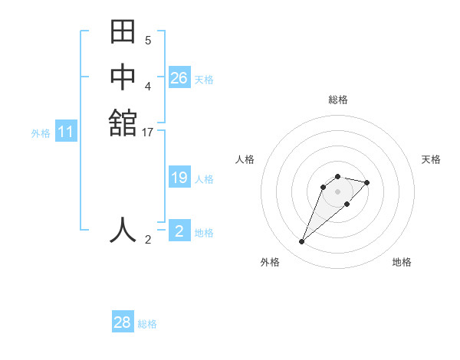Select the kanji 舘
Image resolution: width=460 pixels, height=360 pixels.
coord(123,123)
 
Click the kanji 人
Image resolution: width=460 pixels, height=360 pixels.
coord(123,230)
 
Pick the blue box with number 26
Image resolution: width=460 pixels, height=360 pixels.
coord(179,78)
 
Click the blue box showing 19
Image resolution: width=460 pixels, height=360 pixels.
coord(179,178)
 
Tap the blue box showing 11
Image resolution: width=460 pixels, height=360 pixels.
coord(66,133)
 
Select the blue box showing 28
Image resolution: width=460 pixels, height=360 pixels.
coord(123,322)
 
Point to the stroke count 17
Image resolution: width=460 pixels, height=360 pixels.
coord(148,133)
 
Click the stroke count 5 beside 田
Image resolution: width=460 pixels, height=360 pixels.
coord(148,40)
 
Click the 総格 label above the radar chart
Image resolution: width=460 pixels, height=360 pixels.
coord(337,100)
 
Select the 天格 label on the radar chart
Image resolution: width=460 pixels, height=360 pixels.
coord(431,159)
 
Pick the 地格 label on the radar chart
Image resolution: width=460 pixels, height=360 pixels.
coord(402,262)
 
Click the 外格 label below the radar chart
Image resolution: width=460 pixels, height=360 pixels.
coord(270,262)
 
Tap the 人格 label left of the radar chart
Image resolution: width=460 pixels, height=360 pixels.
coord(245,159)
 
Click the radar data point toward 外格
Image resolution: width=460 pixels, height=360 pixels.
coord(302,242)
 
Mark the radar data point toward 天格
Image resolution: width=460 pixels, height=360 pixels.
coord(367,182)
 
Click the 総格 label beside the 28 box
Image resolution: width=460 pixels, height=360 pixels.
coord(147,324)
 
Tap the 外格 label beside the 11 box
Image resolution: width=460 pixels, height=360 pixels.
coord(41,133)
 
